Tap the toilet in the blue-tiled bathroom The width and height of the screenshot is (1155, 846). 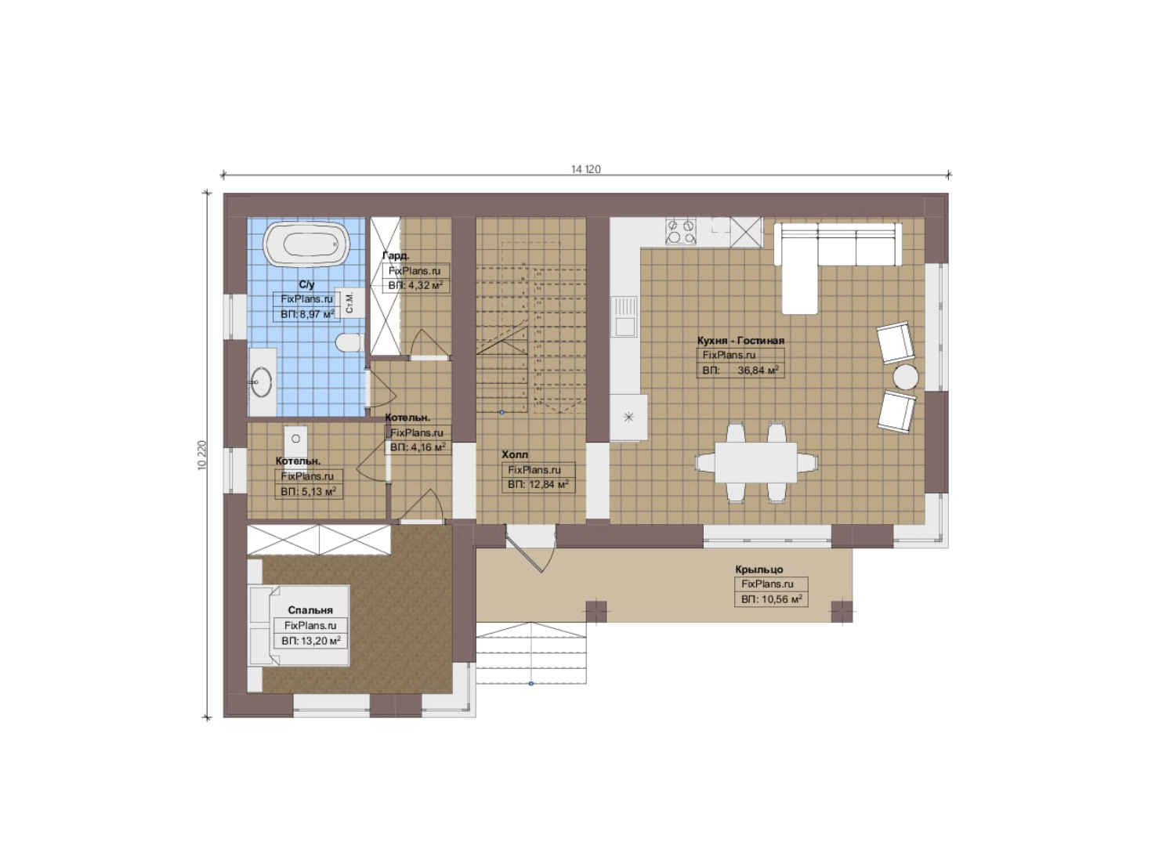[x=350, y=343]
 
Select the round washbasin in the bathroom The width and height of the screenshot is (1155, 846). [x=262, y=382]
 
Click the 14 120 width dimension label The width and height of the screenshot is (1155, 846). [x=586, y=169]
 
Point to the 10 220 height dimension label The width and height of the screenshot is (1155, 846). [x=201, y=454]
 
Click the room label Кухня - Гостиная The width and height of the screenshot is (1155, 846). [x=740, y=341]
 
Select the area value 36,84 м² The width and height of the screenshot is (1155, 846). [x=758, y=370]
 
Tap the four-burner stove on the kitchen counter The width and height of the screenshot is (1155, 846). [x=681, y=231]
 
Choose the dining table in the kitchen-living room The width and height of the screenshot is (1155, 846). [x=755, y=462]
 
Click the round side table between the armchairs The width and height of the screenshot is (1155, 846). [x=906, y=377]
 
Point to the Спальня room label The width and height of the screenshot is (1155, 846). [x=310, y=610]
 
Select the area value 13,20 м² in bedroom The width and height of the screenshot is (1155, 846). [x=311, y=641]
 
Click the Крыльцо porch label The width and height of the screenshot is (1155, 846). [x=759, y=569]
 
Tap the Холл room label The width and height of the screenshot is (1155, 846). [x=515, y=454]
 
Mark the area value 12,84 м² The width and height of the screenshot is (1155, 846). [x=538, y=485]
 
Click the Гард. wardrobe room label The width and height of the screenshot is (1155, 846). [x=396, y=255]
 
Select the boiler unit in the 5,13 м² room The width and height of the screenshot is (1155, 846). [x=295, y=439]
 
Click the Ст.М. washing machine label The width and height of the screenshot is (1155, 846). [x=349, y=302]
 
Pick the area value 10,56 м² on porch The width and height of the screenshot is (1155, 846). [x=771, y=599]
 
